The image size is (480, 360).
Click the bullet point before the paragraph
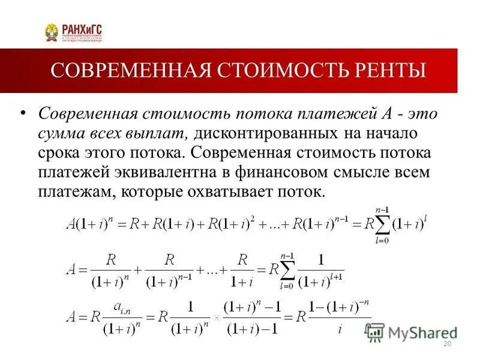tap(23, 114)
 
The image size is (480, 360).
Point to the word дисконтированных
tap(254, 133)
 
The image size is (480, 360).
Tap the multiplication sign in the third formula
tap(214, 319)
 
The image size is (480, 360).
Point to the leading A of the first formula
tap(70, 226)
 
